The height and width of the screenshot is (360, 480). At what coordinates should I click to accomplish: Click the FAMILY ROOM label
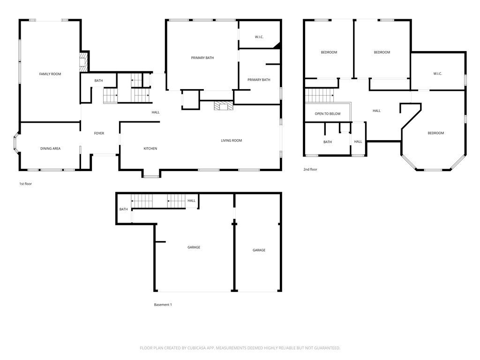[x=50, y=74]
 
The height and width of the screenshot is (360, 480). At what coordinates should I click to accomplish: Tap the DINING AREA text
[x=50, y=149]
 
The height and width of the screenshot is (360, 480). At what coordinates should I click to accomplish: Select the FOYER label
[x=99, y=133]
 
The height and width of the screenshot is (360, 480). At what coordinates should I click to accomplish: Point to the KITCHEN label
[x=150, y=149]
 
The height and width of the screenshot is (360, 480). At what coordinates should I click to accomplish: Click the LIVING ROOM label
[x=232, y=141]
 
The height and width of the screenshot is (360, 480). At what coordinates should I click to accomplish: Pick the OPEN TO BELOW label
[x=328, y=114]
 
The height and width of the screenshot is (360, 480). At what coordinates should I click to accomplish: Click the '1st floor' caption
[x=25, y=184]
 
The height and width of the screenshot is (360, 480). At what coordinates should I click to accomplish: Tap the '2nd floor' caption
[x=310, y=169]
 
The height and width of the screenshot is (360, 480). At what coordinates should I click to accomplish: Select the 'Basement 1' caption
[x=163, y=305]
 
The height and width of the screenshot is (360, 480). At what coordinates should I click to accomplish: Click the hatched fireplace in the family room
[x=83, y=62]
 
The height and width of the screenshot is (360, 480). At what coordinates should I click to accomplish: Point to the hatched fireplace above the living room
[x=223, y=105]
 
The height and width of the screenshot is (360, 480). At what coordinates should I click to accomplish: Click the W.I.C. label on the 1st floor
[x=259, y=37]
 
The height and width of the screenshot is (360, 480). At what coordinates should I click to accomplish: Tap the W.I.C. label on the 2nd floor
[x=437, y=74]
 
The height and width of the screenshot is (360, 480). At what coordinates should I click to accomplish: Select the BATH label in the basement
[x=123, y=210]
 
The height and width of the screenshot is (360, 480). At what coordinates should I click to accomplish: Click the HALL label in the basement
[x=191, y=201]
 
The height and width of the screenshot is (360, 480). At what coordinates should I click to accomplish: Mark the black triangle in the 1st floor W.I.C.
[x=277, y=45]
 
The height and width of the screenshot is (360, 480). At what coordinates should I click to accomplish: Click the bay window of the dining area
[x=16, y=143]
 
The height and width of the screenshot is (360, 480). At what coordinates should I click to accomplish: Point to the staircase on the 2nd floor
[x=319, y=96]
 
